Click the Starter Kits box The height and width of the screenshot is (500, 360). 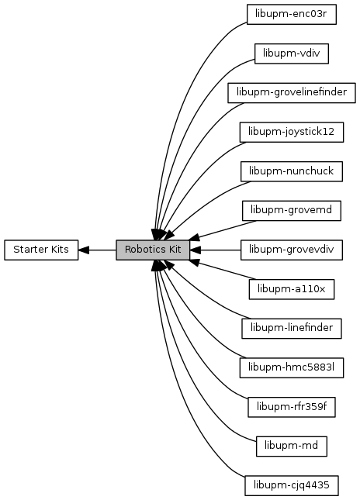(x=41, y=250)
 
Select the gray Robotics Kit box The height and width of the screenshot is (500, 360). (x=153, y=250)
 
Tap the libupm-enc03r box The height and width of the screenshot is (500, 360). (x=292, y=15)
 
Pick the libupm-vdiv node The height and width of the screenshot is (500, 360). (x=292, y=53)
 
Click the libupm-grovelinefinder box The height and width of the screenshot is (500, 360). (x=292, y=93)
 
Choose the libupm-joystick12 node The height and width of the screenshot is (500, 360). (x=292, y=132)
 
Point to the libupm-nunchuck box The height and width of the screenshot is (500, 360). (x=292, y=171)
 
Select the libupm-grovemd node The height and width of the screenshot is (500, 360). (x=292, y=211)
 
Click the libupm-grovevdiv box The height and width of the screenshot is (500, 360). (x=292, y=250)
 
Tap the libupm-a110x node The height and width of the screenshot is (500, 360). (x=292, y=289)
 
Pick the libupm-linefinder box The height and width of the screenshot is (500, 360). (x=292, y=329)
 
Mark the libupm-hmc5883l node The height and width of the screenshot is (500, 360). (x=292, y=367)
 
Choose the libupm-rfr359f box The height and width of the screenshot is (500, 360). (x=292, y=407)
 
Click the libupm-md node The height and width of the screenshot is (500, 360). (x=292, y=446)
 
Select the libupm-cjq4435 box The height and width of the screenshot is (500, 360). (x=292, y=485)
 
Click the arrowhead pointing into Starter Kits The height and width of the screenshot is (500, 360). (x=83, y=250)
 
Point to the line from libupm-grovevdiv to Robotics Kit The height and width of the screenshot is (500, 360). (x=216, y=250)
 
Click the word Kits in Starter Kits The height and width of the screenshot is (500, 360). (x=59, y=250)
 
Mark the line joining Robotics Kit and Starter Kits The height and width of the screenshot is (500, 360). (x=97, y=250)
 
